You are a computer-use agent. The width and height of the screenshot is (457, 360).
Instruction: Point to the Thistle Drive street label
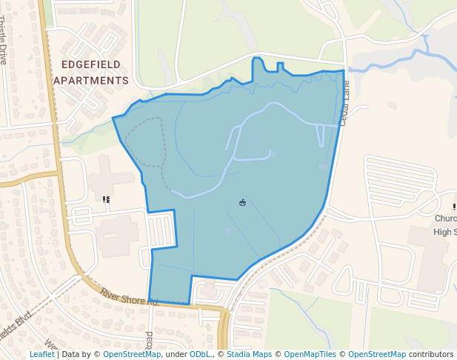pyautogui.click(x=4, y=40)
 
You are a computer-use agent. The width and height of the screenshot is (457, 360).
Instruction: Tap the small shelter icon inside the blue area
pyautogui.click(x=242, y=202)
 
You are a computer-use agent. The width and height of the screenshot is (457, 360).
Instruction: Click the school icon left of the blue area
pyautogui.click(x=107, y=199)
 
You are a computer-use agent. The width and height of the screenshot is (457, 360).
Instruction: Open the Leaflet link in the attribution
pyautogui.click(x=41, y=355)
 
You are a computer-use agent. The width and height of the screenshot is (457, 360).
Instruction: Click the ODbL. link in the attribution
pyautogui.click(x=200, y=355)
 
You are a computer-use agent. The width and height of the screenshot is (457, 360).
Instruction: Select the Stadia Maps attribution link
pyautogui.click(x=249, y=355)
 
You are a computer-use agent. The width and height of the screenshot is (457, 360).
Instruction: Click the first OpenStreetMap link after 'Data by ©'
pyautogui.click(x=132, y=355)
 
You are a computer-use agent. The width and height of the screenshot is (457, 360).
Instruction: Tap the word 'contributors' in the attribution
pyautogui.click(x=431, y=355)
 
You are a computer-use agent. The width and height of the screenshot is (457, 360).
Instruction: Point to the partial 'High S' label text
pyautogui.click(x=444, y=232)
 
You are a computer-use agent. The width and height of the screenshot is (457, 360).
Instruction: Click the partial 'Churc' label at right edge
pyautogui.click(x=444, y=219)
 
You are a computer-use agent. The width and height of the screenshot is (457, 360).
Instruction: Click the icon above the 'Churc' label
pyautogui.click(x=454, y=206)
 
